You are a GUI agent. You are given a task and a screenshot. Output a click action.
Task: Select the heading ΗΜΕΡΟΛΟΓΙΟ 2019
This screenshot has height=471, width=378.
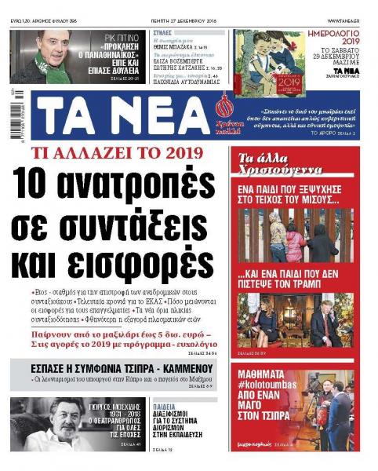(x=343, y=39)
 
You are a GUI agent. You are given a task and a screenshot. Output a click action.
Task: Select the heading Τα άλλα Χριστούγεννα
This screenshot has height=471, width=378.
(x=267, y=160)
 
